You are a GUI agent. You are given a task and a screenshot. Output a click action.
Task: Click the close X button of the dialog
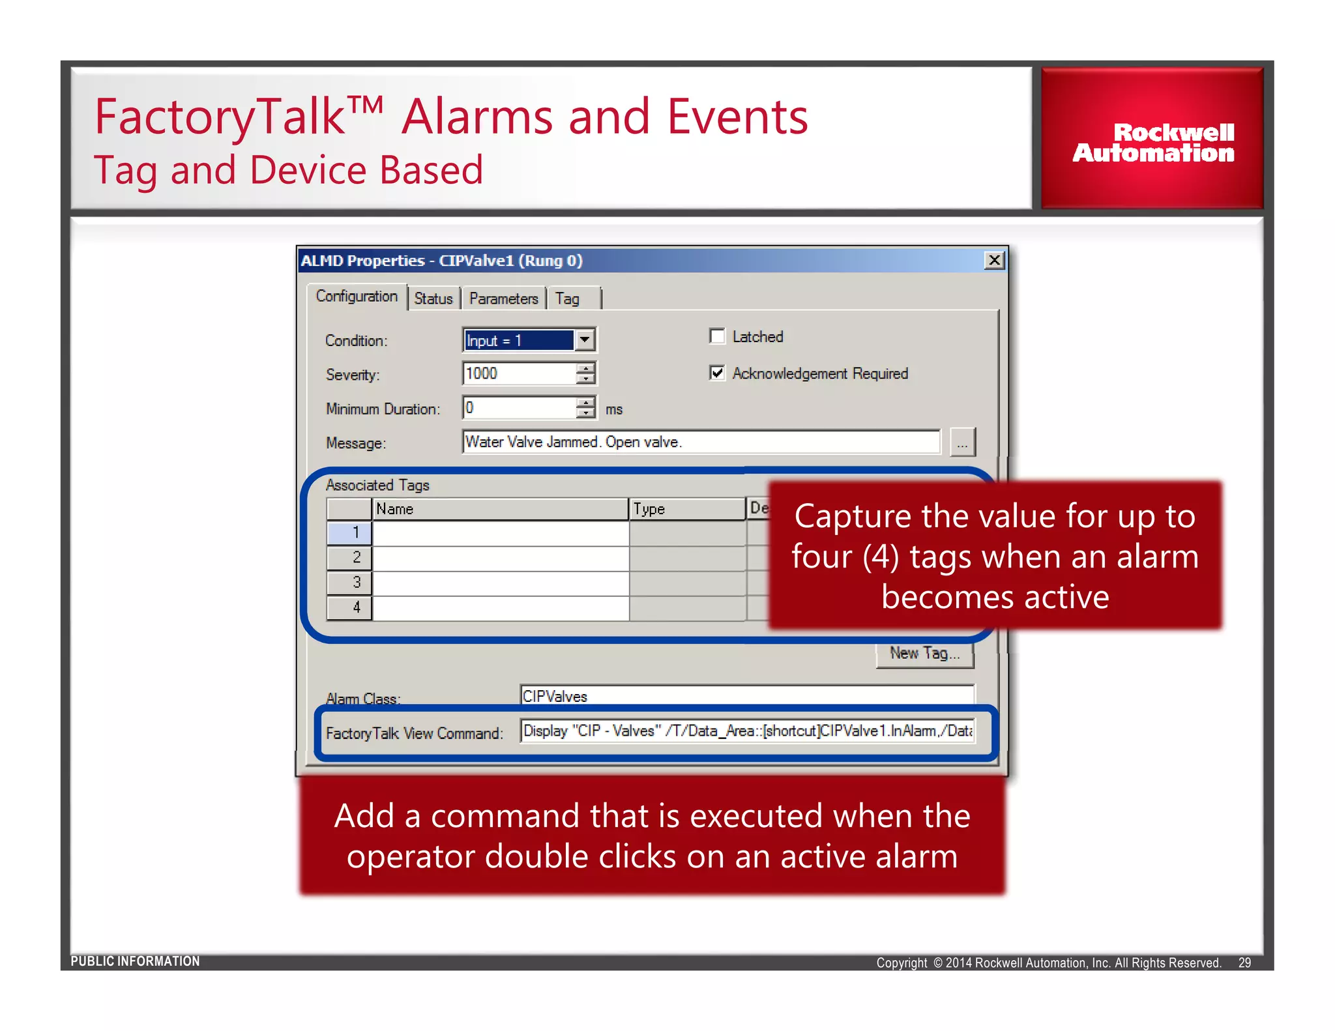tap(993, 261)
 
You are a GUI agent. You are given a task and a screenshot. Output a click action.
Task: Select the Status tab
tap(433, 298)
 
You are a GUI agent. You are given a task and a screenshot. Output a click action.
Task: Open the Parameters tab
tap(503, 298)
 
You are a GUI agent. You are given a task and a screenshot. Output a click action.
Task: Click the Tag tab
tap(568, 298)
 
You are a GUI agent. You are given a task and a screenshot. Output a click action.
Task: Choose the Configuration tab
tap(357, 297)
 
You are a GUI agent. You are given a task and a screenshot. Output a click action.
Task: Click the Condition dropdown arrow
tap(585, 340)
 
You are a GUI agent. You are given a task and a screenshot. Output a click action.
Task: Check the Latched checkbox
tap(717, 336)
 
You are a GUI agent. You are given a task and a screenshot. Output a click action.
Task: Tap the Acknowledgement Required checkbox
tap(717, 373)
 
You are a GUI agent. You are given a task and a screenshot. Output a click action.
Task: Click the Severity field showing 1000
tap(518, 373)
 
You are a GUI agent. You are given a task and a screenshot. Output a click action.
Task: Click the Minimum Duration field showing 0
tap(518, 408)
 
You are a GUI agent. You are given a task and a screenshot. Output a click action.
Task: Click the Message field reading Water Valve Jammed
tap(701, 442)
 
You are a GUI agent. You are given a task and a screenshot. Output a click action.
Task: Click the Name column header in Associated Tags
tap(499, 509)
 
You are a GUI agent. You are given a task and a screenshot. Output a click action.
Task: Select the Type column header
tap(686, 509)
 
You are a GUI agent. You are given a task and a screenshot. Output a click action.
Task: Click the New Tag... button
tap(924, 654)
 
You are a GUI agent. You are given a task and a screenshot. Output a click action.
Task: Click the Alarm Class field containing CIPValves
tap(746, 695)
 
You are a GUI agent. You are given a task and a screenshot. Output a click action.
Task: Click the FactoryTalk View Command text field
tap(746, 731)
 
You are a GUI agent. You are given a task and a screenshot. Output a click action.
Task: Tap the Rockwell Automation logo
tap(1152, 142)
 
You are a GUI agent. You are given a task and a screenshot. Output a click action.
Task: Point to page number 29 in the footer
tap(1244, 963)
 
